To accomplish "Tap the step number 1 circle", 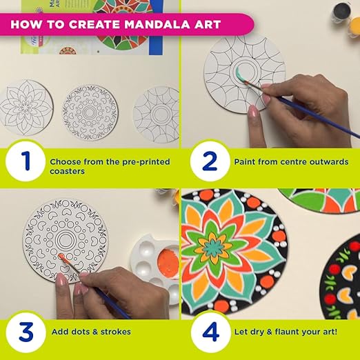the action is click(x=26, y=161).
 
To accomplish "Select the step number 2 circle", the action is click(x=210, y=161).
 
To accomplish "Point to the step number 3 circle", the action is click(x=26, y=332).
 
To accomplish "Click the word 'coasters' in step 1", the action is click(x=67, y=172).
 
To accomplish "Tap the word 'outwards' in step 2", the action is click(x=329, y=162).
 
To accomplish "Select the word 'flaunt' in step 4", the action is click(x=288, y=332).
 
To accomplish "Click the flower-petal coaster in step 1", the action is click(x=26, y=108).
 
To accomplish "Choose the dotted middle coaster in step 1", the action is click(x=90, y=112).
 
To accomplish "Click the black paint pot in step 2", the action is click(x=342, y=12).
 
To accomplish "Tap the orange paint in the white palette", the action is click(x=168, y=262).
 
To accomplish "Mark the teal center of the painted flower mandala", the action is click(x=213, y=248).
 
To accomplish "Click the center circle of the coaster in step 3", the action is click(x=66, y=240).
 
